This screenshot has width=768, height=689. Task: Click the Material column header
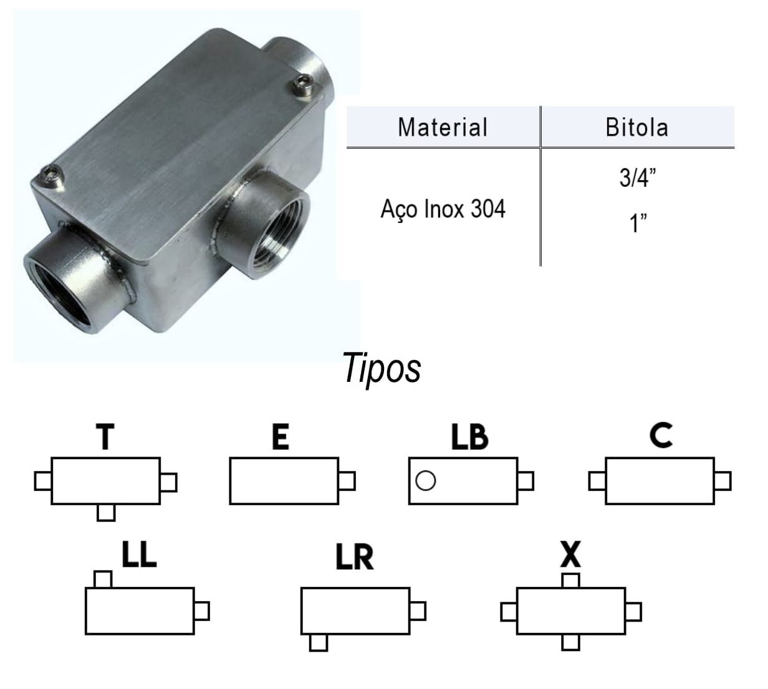click(443, 127)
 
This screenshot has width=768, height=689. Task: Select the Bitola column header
click(636, 127)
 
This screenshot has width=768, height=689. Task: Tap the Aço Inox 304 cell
click(443, 209)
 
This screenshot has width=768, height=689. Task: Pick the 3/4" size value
click(637, 178)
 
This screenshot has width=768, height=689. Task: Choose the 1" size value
click(637, 222)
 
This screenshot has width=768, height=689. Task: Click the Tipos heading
click(382, 369)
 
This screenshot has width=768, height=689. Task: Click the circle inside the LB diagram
click(425, 480)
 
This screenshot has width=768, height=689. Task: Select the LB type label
click(469, 437)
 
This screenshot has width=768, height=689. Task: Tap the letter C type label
click(661, 435)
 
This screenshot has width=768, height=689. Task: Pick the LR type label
click(354, 557)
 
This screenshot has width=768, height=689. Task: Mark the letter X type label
click(570, 554)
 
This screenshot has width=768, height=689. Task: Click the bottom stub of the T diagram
click(107, 512)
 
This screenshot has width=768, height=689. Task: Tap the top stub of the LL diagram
click(102, 579)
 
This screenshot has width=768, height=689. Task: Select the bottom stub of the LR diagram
click(319, 642)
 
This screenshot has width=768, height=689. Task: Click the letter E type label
click(281, 437)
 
